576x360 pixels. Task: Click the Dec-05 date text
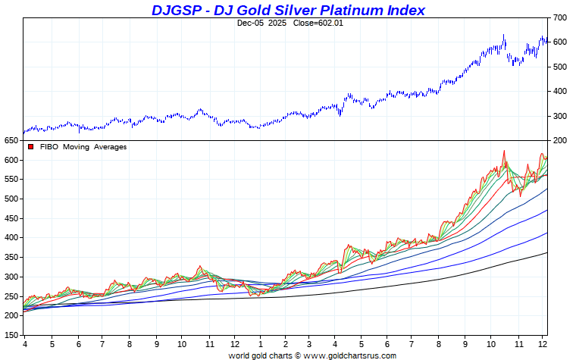(x=250, y=23)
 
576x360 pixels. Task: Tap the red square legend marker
(x=31, y=147)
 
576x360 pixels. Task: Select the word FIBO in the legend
(x=49, y=147)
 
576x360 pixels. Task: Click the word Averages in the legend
(x=110, y=147)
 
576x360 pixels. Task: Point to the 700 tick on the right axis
(x=560, y=17)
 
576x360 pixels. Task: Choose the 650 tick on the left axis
(x=11, y=141)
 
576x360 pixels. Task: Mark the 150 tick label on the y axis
(x=11, y=335)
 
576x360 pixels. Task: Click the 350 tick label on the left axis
(x=11, y=257)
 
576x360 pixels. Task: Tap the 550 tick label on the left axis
(x=11, y=180)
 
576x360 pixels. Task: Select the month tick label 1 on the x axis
(x=260, y=343)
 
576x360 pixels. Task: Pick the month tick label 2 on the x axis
(x=285, y=343)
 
